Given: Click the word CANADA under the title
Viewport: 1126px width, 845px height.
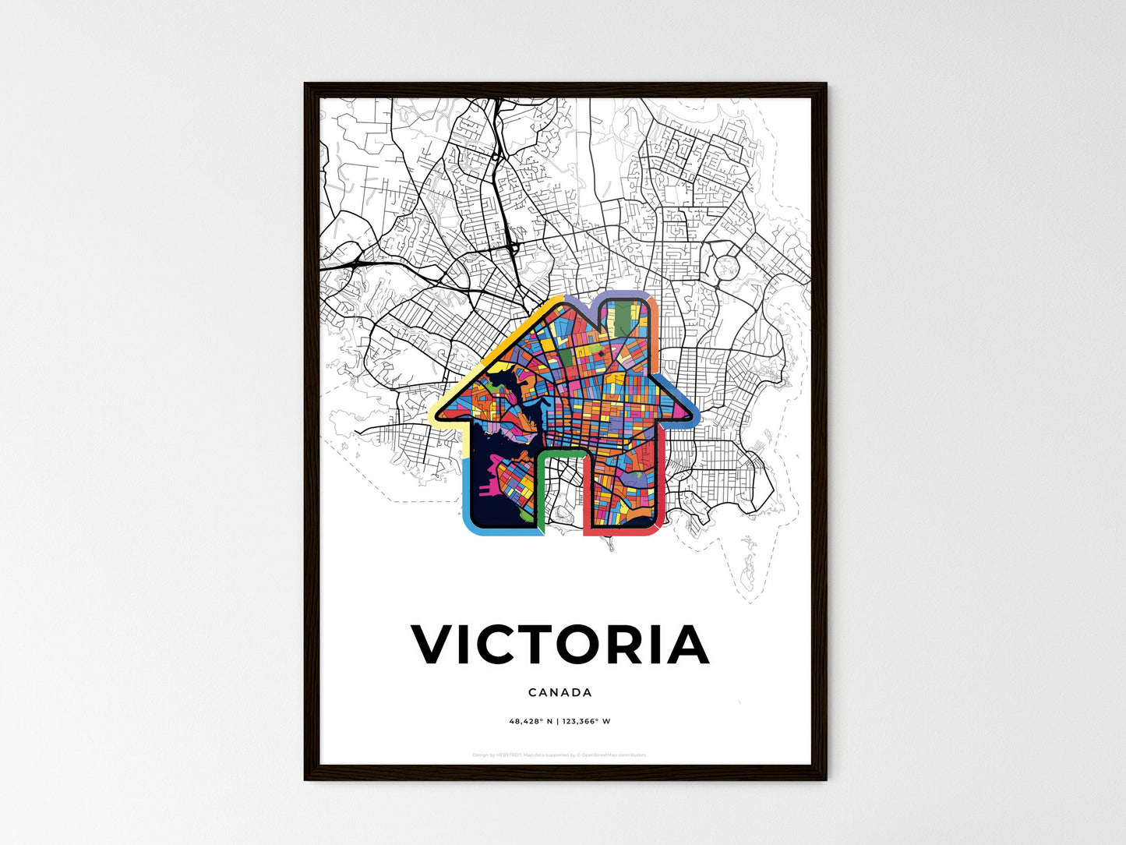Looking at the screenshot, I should (559, 692).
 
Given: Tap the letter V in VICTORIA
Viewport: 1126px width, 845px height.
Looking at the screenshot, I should (433, 645).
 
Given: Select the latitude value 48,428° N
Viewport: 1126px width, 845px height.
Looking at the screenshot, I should (531, 721).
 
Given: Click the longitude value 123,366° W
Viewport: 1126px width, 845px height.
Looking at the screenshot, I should (586, 721).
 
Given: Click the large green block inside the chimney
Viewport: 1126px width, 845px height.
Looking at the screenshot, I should (628, 320).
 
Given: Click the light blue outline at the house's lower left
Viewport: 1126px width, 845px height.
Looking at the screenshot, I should (467, 499).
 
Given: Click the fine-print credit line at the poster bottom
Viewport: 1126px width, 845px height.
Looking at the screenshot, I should (559, 755).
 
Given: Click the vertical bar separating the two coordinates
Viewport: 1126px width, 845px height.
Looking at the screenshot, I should (557, 721).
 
